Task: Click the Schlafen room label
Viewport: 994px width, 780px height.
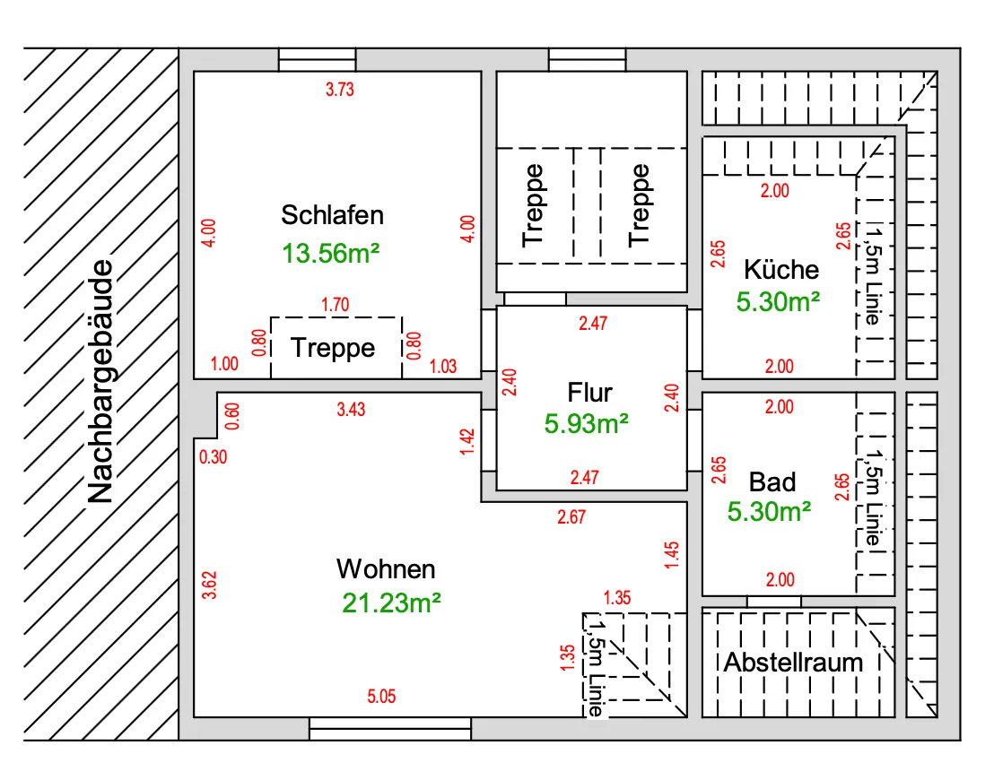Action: pos(332,215)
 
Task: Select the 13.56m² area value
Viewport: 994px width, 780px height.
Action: pos(330,254)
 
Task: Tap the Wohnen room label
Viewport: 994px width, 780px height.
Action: pos(386,569)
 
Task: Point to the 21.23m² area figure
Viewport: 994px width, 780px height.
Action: pos(391,602)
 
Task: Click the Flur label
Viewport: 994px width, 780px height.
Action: pos(589,392)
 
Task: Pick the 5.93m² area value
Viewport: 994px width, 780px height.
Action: pos(587,423)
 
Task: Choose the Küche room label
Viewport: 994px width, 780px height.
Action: pos(781,269)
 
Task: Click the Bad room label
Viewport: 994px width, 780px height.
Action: pos(772,482)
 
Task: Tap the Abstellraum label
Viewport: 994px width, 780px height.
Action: pos(793,663)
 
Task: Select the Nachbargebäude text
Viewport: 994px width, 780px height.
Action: pos(100,381)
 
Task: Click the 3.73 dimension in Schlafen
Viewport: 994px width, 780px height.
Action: pos(340,90)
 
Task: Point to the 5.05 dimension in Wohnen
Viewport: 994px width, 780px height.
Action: pos(381,697)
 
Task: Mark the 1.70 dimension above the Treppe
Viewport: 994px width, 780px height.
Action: pos(335,305)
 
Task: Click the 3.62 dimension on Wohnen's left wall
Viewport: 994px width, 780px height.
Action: pos(209,585)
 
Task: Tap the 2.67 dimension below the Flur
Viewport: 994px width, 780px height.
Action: pos(571,517)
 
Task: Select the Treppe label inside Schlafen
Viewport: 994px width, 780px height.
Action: pos(333,348)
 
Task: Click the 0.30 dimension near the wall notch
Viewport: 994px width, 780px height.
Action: pos(213,457)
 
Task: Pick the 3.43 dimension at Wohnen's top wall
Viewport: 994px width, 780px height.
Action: pos(351,410)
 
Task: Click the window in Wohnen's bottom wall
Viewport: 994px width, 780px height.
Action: pos(390,729)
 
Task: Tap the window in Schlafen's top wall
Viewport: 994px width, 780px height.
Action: pos(317,59)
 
